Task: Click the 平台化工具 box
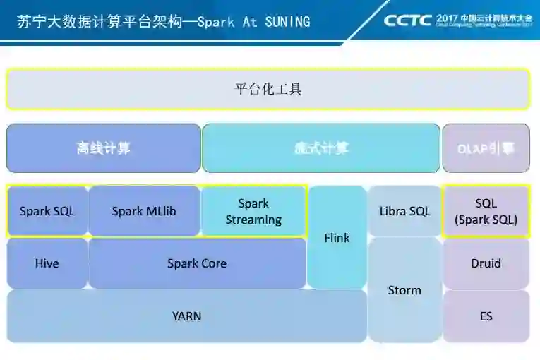coord(268,89)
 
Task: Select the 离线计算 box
coord(104,148)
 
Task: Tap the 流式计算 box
coord(321,148)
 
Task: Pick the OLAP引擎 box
coord(486,148)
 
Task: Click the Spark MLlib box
coord(145,211)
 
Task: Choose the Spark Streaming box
coord(253,211)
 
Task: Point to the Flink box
coord(337,238)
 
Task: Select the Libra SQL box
coord(404,211)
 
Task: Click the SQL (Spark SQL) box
coord(486,211)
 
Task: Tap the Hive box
coord(47,263)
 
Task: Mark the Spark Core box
coord(197,263)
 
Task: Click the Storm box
coord(404,290)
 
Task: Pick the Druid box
coord(486,263)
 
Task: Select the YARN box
coord(187,316)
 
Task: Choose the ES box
coord(486,316)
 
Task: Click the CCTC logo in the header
coord(407,20)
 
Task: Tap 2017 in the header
coord(448,16)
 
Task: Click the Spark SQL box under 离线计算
coord(47,211)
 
